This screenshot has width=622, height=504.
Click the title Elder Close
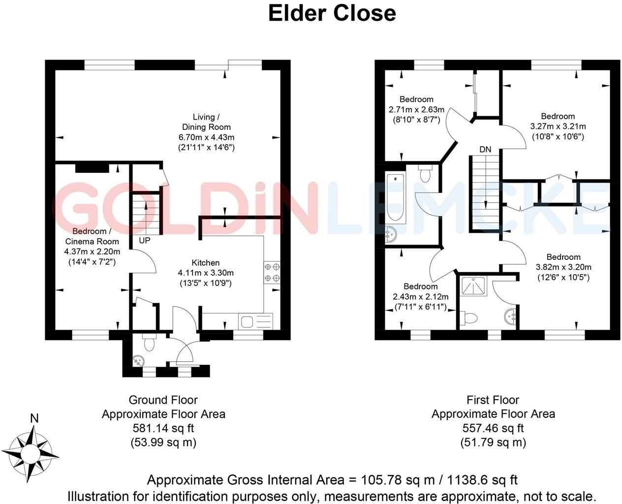click(x=332, y=13)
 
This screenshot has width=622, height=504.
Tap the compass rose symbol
click(x=33, y=452)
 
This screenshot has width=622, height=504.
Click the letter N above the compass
click(x=34, y=419)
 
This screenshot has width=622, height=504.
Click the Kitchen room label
click(x=206, y=263)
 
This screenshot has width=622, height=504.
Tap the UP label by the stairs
click(x=145, y=241)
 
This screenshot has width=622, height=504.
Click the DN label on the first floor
click(x=485, y=149)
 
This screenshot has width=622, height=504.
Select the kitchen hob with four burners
click(x=272, y=273)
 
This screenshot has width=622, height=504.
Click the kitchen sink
click(x=255, y=321)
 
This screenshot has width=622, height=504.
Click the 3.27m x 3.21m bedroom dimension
click(x=558, y=126)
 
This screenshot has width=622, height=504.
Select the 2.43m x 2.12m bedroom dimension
click(x=420, y=297)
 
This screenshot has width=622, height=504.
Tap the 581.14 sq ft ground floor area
click(x=163, y=428)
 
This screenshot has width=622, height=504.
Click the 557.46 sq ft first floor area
click(x=493, y=428)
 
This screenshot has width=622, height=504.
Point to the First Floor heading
click(x=493, y=400)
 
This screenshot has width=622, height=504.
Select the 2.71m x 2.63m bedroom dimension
click(x=416, y=109)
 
